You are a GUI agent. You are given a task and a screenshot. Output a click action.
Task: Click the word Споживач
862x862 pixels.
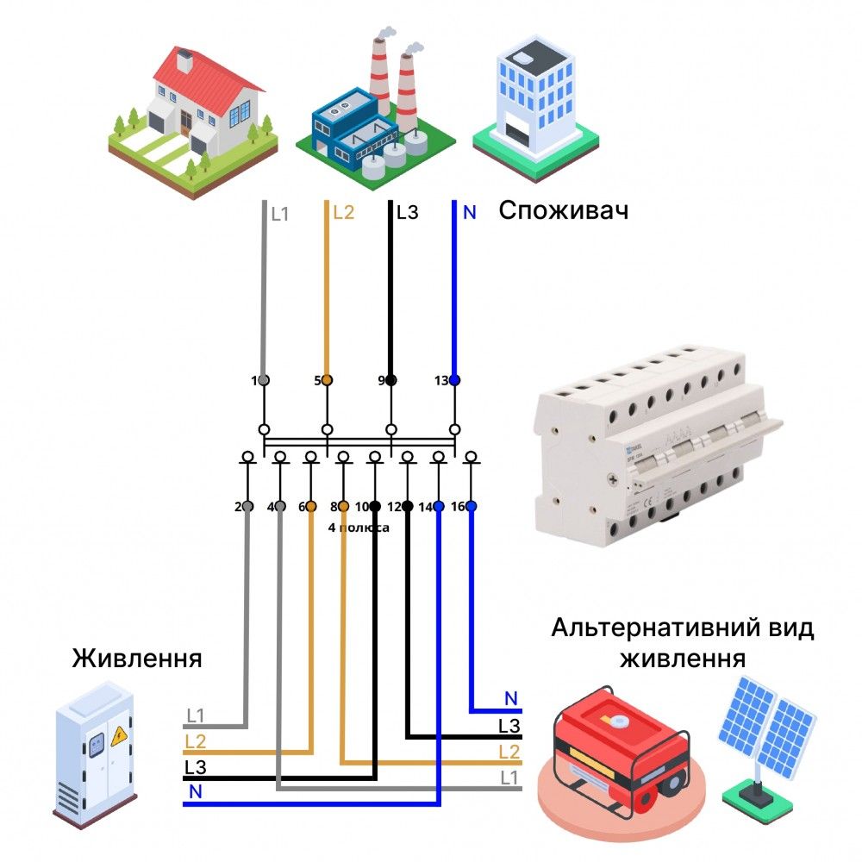[x=564, y=212]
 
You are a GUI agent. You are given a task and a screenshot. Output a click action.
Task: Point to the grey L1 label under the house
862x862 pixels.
[x=280, y=213]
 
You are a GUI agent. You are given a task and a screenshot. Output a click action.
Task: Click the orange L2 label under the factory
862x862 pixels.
[x=343, y=212]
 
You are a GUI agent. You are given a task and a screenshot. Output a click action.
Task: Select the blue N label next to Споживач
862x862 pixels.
[x=469, y=212]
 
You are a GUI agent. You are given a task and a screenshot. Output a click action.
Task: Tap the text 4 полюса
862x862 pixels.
[x=359, y=528]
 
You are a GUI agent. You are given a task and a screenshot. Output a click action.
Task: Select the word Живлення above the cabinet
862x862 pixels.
[x=138, y=659]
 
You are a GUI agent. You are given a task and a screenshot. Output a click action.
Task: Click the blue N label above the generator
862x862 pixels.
[x=511, y=698]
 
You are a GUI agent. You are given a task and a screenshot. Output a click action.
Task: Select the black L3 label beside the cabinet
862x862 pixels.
[x=195, y=766]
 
